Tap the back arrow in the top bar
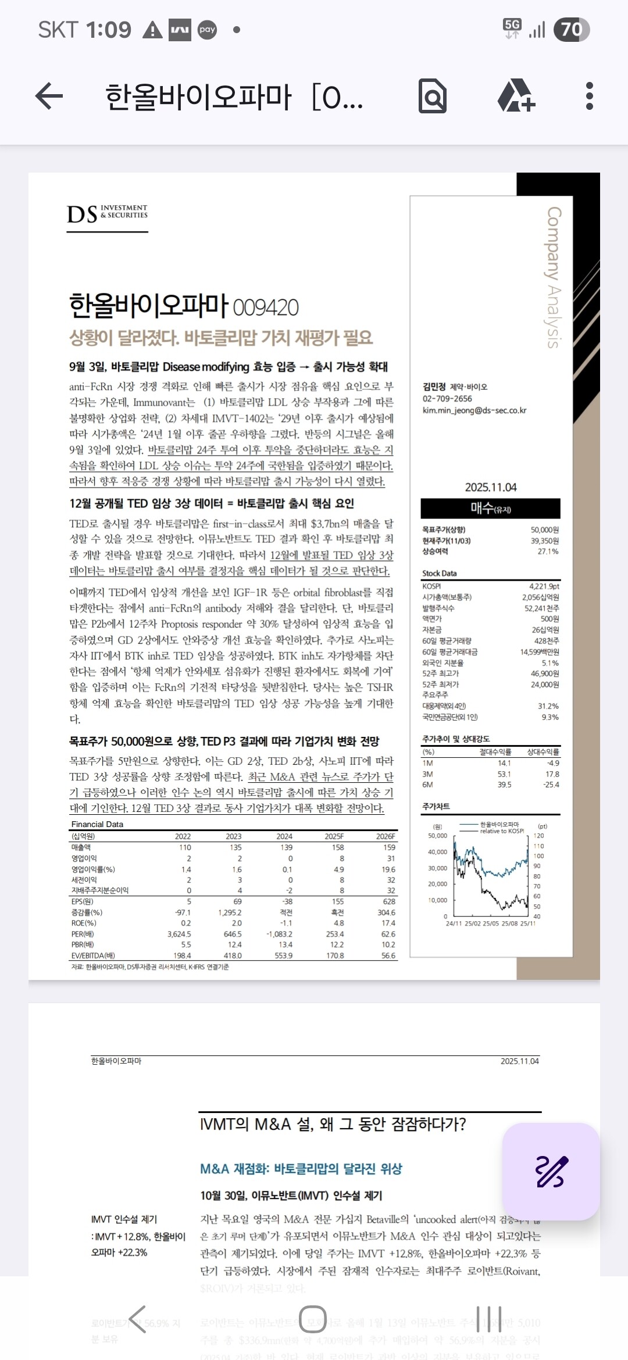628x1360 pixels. [x=49, y=96]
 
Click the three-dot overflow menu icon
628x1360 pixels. [x=589, y=96]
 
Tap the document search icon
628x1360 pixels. [x=433, y=96]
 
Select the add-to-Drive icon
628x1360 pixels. [x=516, y=96]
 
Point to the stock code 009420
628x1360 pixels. [x=266, y=307]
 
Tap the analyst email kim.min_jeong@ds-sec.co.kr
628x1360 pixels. [x=474, y=410]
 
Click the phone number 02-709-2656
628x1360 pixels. [x=447, y=399]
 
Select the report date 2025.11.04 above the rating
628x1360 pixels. [x=491, y=487]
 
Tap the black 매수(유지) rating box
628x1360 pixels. [x=491, y=509]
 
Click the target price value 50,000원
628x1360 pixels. [x=544, y=530]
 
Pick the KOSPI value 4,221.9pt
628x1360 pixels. [x=544, y=586]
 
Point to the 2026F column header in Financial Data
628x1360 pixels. [x=386, y=836]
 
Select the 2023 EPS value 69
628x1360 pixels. [x=237, y=901]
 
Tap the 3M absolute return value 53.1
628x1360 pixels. [x=504, y=774]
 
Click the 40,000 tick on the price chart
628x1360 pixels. [x=438, y=852]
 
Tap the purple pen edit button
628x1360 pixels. [x=551, y=1171]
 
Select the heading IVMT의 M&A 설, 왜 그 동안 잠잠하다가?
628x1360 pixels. [x=333, y=1124]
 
